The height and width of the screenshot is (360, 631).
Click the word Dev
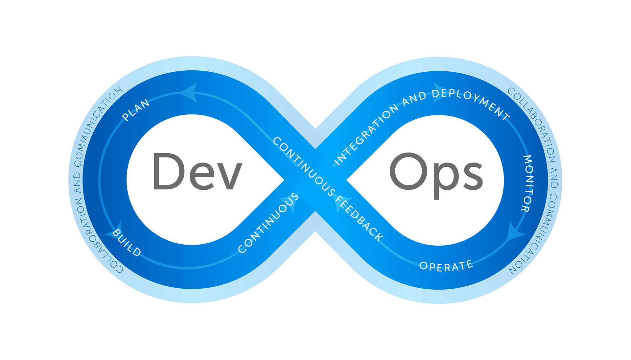(197, 172)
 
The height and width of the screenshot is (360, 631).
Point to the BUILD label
(127, 243)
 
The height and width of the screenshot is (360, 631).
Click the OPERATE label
(446, 265)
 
